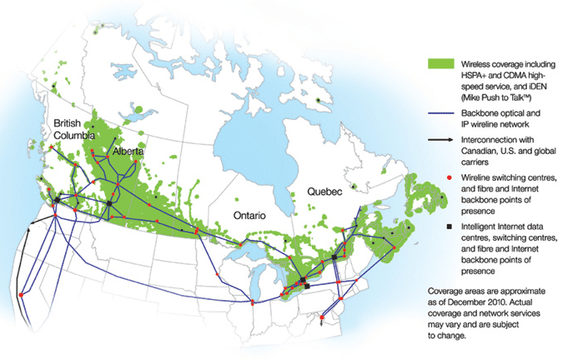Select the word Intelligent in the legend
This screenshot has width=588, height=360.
coord(480,227)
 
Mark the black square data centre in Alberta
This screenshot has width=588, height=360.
coord(109,202)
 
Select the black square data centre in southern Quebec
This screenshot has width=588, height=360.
coord(334,257)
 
